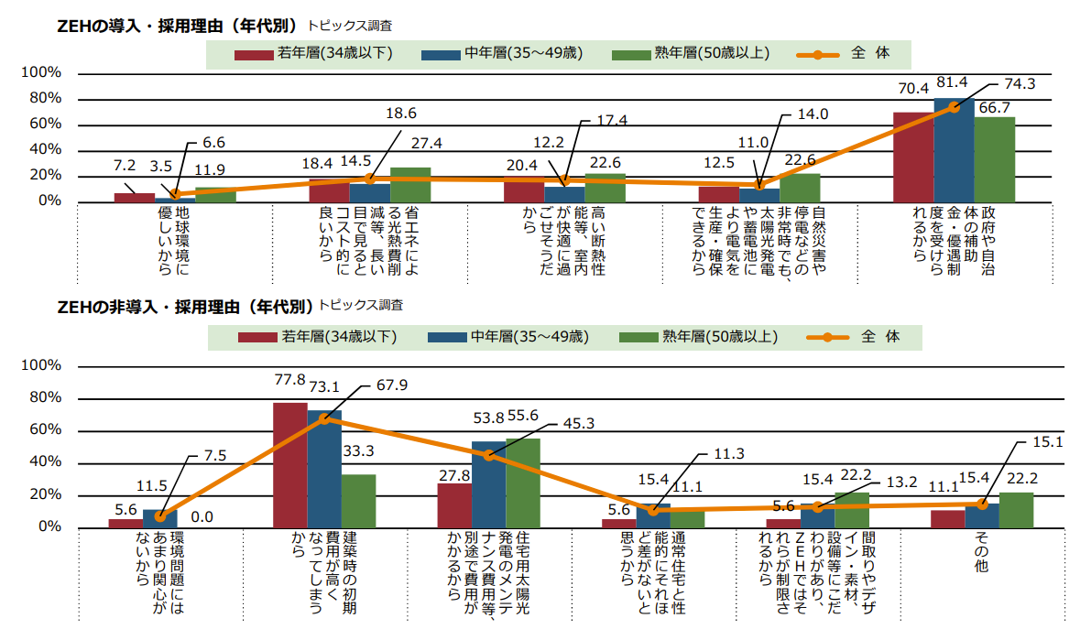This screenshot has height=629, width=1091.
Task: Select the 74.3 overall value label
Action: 1020,84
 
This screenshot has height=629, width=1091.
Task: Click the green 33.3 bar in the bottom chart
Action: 358,501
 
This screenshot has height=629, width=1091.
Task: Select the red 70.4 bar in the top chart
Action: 913,157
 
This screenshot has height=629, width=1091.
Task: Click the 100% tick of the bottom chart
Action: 40,366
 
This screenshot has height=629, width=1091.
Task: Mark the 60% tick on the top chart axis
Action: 44,124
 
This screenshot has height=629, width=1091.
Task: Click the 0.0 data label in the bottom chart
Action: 202,517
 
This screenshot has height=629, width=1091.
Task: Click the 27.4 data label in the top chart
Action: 427,144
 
